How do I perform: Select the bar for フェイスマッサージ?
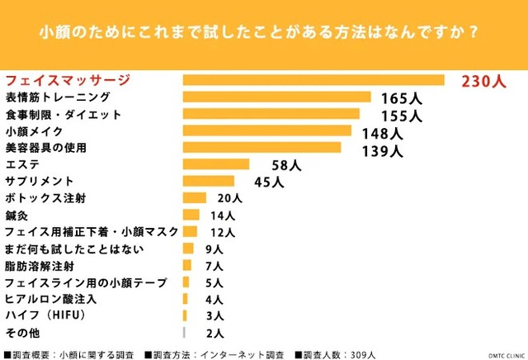click(313, 80)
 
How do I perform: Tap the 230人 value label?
click(483, 81)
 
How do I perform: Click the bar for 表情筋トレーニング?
click(276, 97)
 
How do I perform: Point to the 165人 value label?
click(401, 98)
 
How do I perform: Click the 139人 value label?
click(382, 150)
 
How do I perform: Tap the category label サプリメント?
click(40, 181)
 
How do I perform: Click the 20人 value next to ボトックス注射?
click(229, 199)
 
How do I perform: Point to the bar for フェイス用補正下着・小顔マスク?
click(191, 231)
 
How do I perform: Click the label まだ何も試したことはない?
click(74, 249)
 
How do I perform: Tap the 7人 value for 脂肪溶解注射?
click(214, 266)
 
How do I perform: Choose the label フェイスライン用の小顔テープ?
click(86, 282)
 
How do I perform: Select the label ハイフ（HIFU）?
click(45, 315)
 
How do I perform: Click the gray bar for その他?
click(184, 332)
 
